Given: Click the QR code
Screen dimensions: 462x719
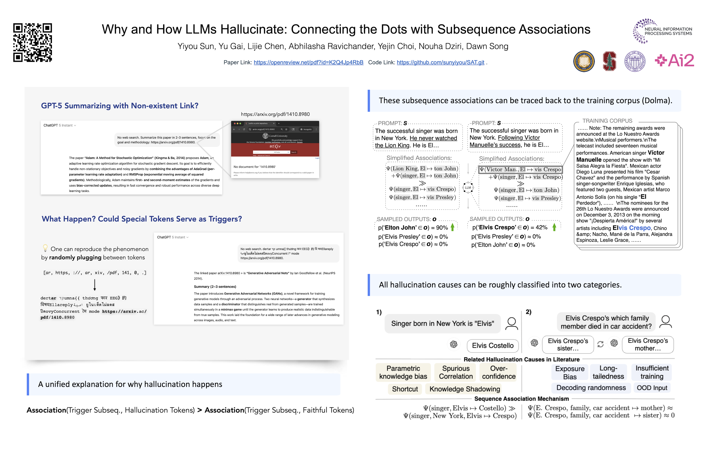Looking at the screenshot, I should click(x=32, y=43).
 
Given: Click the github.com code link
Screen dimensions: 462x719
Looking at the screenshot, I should click(x=440, y=62).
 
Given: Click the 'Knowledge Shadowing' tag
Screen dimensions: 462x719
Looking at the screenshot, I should click(x=464, y=389).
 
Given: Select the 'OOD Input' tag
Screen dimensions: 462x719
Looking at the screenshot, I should click(x=652, y=388).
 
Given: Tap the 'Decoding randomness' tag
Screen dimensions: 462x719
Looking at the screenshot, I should click(x=591, y=388).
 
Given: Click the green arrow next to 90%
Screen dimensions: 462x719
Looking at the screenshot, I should click(x=452, y=227).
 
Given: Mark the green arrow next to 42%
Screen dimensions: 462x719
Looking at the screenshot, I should click(x=554, y=227).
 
